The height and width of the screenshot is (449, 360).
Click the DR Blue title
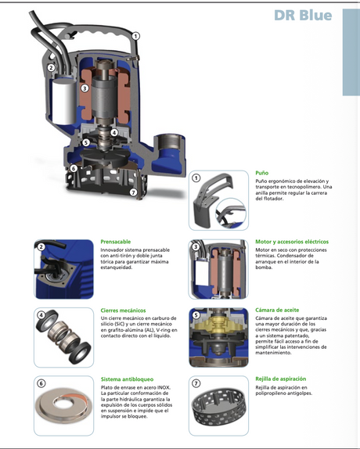click(x=303, y=15)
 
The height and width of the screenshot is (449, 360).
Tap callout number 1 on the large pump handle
click(x=135, y=36)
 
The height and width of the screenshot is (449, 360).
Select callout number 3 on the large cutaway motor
click(x=85, y=88)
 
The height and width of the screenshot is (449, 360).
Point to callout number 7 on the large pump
click(x=133, y=192)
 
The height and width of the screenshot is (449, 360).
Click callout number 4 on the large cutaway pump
click(x=114, y=132)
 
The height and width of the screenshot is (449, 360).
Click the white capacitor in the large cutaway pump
click(x=64, y=99)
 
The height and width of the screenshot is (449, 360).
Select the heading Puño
click(x=261, y=173)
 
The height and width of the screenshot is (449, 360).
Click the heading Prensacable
click(x=115, y=242)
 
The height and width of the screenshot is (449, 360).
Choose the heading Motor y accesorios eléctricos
click(x=292, y=242)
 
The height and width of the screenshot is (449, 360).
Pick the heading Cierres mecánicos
click(x=123, y=311)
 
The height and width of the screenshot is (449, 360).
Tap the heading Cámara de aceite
click(x=277, y=310)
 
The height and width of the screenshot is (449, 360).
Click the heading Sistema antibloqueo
click(x=127, y=379)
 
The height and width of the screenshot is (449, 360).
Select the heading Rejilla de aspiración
click(x=281, y=379)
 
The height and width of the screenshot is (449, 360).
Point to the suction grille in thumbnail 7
click(x=218, y=408)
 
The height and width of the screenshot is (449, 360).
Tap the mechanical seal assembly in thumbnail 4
click(x=63, y=336)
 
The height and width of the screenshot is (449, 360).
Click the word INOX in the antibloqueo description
click(x=164, y=388)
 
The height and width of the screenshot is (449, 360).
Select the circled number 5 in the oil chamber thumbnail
click(x=196, y=315)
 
